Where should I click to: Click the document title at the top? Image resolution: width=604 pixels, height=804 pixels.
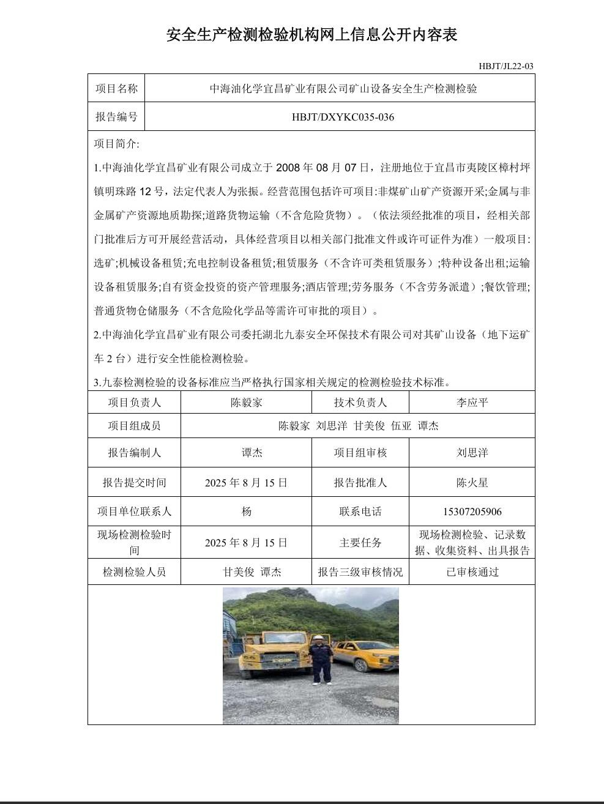click(311, 35)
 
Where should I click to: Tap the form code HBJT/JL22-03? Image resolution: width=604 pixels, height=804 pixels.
click(506, 66)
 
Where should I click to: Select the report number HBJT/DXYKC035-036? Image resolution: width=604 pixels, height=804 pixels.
click(343, 117)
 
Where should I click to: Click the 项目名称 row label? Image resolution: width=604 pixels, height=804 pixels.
click(116, 89)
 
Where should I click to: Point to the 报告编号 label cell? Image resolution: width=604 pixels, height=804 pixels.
click(116, 117)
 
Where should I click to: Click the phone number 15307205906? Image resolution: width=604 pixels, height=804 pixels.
click(472, 512)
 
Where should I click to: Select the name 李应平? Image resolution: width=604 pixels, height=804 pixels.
click(472, 402)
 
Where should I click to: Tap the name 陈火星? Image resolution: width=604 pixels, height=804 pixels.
click(472, 482)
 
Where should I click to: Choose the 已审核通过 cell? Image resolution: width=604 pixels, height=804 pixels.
click(472, 572)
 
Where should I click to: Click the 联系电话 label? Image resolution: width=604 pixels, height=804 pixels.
click(360, 512)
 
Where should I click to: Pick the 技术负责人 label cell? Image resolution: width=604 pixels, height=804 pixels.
click(360, 402)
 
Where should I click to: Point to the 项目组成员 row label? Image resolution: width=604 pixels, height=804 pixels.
click(134, 426)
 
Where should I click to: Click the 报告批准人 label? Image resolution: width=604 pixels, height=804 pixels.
click(360, 482)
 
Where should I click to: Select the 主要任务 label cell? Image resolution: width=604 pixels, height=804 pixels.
click(360, 542)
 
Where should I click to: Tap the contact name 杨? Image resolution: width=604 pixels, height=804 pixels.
click(247, 512)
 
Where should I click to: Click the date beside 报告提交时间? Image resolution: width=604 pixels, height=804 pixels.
click(246, 482)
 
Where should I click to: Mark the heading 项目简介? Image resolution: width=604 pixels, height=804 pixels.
click(116, 144)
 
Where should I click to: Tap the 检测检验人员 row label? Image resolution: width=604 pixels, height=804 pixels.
click(134, 572)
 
